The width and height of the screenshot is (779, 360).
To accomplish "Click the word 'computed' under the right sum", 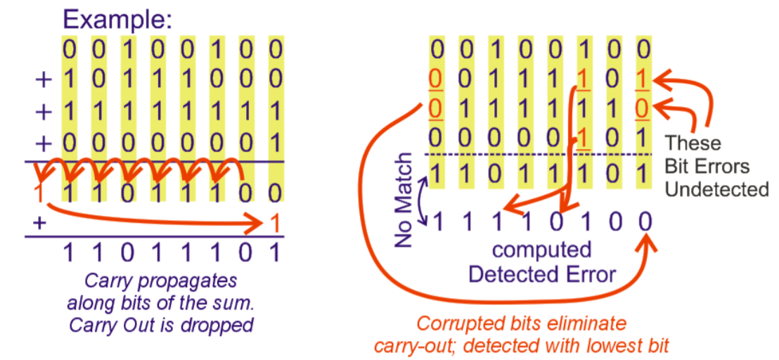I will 541,250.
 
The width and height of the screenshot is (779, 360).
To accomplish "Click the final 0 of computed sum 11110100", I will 644,221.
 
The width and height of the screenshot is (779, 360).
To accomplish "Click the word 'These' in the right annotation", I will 693,143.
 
